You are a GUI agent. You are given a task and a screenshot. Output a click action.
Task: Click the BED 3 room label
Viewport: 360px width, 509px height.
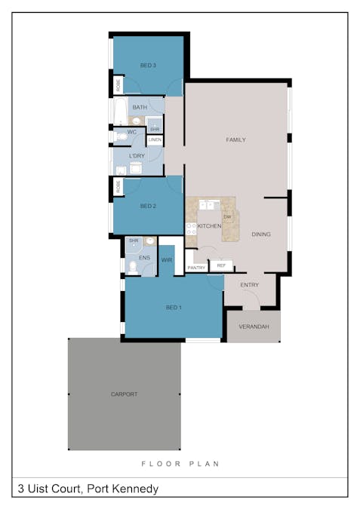[148, 66]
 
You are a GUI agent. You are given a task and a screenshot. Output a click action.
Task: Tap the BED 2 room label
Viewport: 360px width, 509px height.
[148, 206]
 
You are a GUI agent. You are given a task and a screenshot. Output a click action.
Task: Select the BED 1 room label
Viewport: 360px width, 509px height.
[174, 307]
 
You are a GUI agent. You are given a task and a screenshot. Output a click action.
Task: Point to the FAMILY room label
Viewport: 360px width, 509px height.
[235, 140]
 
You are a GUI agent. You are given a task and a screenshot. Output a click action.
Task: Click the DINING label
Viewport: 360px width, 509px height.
[261, 235]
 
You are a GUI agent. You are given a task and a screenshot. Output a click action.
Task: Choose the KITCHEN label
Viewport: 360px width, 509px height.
[209, 225]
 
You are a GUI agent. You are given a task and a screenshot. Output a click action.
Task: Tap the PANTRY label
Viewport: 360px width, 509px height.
[196, 268]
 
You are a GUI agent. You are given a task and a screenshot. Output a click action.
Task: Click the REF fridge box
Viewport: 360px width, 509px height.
[221, 265]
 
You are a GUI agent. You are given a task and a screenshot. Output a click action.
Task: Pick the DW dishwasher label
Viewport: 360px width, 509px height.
[226, 216]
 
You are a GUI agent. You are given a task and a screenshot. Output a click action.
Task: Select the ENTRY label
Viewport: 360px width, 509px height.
[250, 285]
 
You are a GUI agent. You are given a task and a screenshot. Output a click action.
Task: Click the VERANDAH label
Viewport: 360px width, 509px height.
[254, 327]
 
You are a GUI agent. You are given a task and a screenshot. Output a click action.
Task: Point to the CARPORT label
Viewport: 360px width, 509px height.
[124, 394]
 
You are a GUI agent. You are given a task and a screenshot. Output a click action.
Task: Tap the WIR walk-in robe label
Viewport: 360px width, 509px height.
[168, 259]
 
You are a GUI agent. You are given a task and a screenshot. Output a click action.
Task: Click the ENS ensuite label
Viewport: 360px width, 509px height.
[144, 258]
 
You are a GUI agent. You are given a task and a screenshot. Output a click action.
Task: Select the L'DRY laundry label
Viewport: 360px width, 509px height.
[137, 156]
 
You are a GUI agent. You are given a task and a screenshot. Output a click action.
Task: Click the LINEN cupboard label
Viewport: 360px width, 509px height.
[155, 140]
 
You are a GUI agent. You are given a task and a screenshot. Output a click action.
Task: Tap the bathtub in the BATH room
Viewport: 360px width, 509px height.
[119, 112]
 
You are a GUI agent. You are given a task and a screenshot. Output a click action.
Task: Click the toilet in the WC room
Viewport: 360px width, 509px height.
[120, 136]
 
